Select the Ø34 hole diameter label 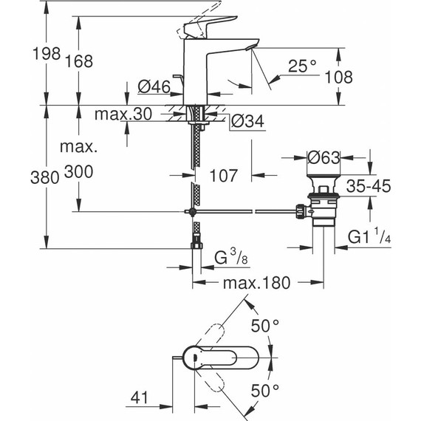click(247, 120)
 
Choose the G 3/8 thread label click(231, 259)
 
